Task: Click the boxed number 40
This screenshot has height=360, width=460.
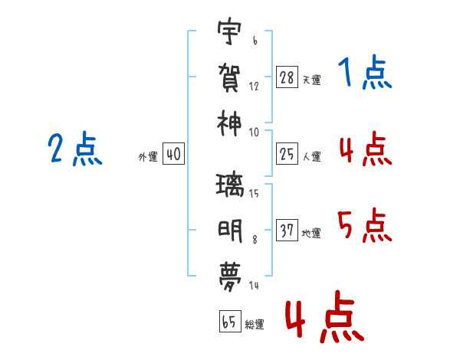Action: coord(172,154)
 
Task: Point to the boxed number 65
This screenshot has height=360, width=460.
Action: coord(229,322)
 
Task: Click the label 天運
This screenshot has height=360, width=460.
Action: coord(311,79)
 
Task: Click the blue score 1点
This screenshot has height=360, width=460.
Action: coord(364,74)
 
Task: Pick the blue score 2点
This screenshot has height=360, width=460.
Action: coord(74,149)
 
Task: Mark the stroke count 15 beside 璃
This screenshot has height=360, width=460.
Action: coord(254,193)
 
